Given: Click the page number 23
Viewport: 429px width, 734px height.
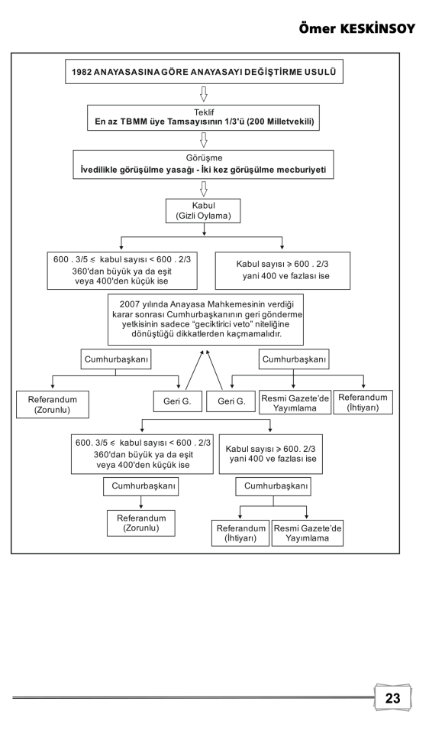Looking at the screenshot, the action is coord(392,698).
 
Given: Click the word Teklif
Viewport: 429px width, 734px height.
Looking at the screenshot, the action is coord(204,112).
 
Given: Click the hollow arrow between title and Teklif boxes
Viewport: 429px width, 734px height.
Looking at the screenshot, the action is coord(204,94).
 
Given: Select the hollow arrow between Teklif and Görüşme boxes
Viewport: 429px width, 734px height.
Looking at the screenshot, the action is coord(204,140).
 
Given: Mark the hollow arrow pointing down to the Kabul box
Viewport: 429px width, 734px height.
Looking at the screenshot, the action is coord(204,189).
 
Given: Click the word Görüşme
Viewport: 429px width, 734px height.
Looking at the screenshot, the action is coord(204,158).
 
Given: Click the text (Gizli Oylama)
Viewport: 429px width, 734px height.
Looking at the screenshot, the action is coord(203,216).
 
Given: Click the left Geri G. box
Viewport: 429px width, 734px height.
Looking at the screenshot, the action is coord(178,401).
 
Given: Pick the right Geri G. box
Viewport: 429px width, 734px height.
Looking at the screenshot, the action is coord(231,401).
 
